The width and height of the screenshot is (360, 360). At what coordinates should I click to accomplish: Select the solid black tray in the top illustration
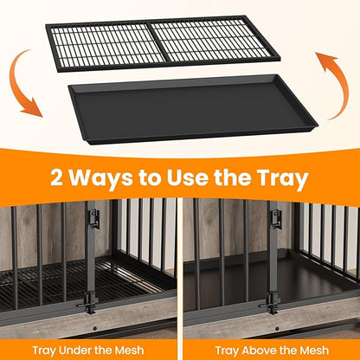tap(193, 109)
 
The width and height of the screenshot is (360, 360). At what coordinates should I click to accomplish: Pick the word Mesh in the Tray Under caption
tap(129, 350)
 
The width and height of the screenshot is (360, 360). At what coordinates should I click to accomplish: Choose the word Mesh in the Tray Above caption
tap(314, 350)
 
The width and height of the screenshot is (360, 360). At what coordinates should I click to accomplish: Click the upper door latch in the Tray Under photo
tap(94, 218)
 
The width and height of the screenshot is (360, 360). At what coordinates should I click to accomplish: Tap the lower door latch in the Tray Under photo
tap(87, 302)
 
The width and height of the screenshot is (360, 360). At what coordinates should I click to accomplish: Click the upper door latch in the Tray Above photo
tap(276, 218)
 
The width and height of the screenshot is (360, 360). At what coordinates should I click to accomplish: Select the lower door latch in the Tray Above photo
tap(270, 303)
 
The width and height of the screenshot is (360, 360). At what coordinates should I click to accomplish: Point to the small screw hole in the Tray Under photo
tap(94, 329)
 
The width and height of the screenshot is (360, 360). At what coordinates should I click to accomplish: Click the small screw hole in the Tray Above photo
tap(277, 329)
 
